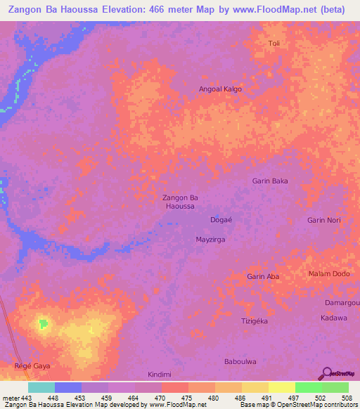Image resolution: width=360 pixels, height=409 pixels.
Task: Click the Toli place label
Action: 274,44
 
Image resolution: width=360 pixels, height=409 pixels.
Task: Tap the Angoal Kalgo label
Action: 221,89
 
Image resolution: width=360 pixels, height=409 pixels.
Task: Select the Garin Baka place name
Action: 270,181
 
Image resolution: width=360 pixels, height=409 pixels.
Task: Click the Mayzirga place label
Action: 210,240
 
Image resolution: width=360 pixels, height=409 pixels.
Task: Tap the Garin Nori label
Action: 324,220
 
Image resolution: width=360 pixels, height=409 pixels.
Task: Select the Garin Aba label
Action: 263,277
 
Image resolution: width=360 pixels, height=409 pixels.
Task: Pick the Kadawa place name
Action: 334,318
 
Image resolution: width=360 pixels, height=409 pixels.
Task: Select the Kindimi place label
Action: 160,374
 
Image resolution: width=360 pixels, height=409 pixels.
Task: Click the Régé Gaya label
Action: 33,366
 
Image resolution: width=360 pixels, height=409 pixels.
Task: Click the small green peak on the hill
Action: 43,324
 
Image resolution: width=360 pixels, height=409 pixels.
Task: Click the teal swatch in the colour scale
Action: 41,387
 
